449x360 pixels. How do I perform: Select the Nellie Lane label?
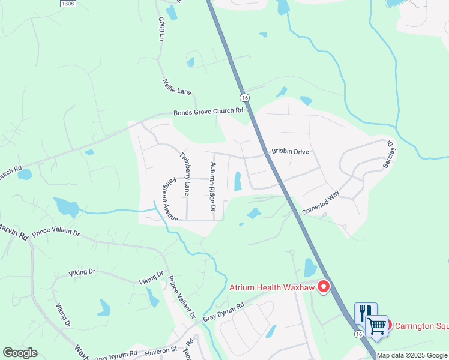pos(176,88)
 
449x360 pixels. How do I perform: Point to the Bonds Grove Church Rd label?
pos(208,112)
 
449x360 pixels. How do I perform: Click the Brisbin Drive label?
pos(290,152)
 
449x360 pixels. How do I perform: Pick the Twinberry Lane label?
pos(185,173)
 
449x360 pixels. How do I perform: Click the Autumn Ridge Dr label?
pos(212,187)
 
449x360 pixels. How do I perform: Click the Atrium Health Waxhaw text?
pos(271,287)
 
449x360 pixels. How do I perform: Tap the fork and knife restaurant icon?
pos(365,312)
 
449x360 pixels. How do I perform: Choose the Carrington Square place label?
pos(420,326)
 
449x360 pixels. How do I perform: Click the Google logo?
pos(20,353)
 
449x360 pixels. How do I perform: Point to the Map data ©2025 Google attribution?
pos(412,355)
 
